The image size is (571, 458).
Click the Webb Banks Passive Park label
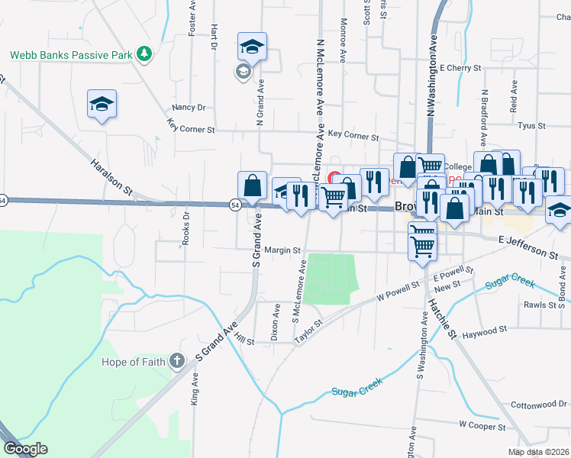[x=67, y=55]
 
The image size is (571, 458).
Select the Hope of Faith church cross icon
[x=177, y=360]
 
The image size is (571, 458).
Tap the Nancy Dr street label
[x=189, y=108]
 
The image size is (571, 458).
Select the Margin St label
[x=284, y=250]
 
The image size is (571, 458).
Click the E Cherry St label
[x=460, y=68]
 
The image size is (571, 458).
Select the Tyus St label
[x=531, y=125]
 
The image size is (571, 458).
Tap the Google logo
[x=25, y=449]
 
